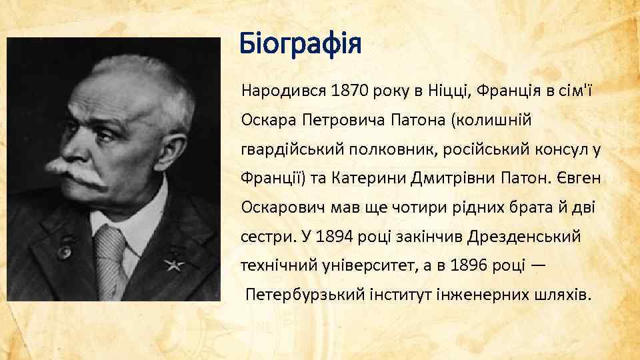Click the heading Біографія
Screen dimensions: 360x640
pyautogui.click(x=301, y=45)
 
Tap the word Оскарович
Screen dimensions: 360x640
pyautogui.click(x=278, y=207)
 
